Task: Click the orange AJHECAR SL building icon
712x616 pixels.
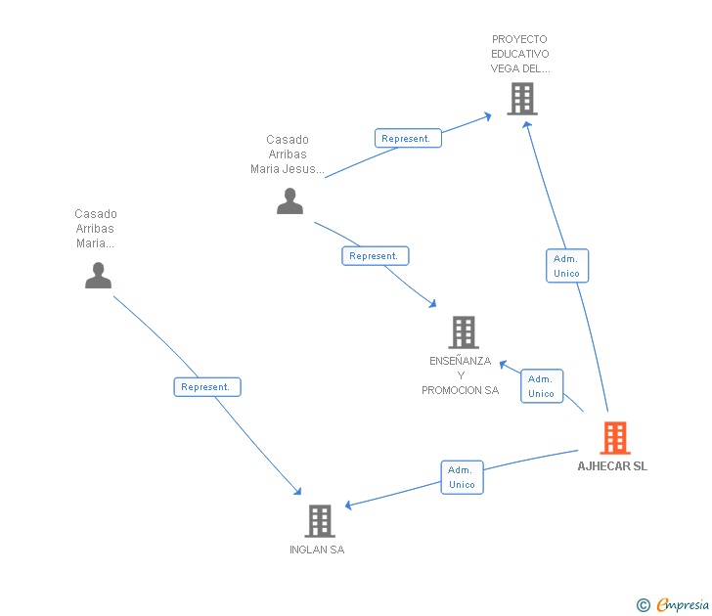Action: [614, 438]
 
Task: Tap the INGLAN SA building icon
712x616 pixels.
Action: [320, 521]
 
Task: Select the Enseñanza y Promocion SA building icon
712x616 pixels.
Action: [463, 332]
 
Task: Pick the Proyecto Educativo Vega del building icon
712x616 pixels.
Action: [522, 99]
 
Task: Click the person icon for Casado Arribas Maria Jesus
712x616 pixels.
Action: [289, 200]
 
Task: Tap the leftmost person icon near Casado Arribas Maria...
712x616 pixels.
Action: [98, 275]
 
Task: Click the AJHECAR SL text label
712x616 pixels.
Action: [612, 466]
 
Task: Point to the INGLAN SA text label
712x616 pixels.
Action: [317, 550]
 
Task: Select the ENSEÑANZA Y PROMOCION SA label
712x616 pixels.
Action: [460, 375]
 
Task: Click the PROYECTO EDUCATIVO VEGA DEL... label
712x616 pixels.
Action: [520, 55]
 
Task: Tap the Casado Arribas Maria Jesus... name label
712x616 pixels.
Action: [287, 154]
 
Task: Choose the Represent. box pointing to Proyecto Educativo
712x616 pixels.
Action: [408, 139]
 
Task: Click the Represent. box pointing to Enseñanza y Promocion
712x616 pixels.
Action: [375, 256]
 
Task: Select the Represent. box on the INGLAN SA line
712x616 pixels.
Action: [206, 387]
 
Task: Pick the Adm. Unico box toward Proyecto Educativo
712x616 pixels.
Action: [566, 266]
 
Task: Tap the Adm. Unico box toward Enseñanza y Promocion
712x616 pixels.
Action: [541, 386]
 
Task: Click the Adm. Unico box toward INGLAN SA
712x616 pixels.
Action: [462, 477]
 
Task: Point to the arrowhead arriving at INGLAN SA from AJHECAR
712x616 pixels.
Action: [349, 506]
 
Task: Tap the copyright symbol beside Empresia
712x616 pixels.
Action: [643, 605]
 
